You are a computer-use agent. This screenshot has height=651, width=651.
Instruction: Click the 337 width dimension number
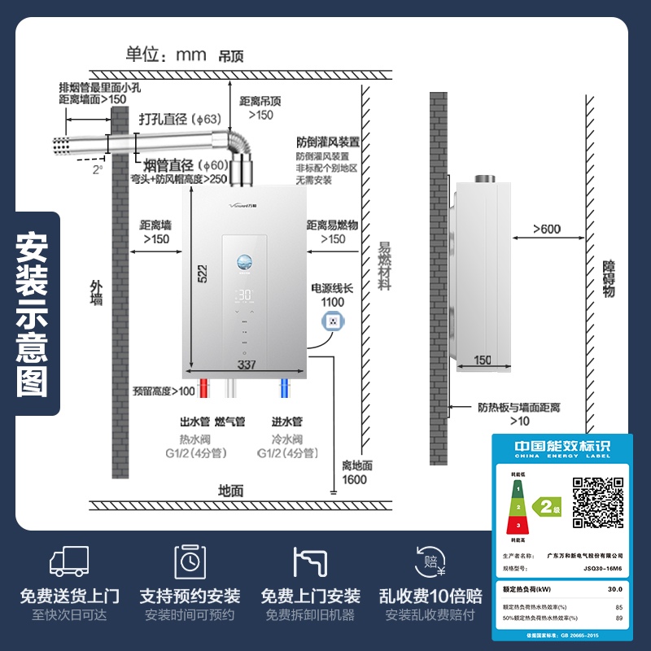(246, 365)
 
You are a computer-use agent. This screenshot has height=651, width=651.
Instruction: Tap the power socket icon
(332, 322)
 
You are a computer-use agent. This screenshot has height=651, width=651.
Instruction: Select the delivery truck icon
(69, 561)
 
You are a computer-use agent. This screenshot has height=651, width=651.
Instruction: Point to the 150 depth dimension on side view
(483, 360)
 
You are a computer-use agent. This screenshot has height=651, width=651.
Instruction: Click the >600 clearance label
(547, 229)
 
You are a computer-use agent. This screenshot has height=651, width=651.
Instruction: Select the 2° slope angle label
(98, 170)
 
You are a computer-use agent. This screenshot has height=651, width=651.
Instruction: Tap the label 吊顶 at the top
(230, 57)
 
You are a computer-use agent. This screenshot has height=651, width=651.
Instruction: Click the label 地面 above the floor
(230, 491)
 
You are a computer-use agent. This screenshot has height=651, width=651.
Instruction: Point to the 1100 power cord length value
(333, 302)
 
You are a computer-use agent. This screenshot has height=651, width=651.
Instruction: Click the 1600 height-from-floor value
(354, 479)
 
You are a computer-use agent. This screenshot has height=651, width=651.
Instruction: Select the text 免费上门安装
(310, 596)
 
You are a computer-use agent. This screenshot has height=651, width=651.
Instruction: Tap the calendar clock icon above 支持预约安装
(190, 561)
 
